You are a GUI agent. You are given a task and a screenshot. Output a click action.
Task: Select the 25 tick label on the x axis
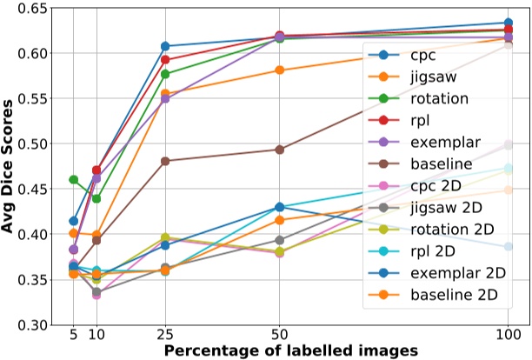pyautogui.click(x=165, y=335)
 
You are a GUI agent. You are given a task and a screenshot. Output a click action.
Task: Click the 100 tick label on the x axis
pyautogui.click(x=508, y=335)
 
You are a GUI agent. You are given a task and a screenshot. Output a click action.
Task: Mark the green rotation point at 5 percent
pyautogui.click(x=74, y=180)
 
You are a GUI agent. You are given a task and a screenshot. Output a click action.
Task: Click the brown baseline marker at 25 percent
pyautogui.click(x=165, y=161)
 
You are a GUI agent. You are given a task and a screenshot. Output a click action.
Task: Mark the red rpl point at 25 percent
pyautogui.click(x=165, y=60)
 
